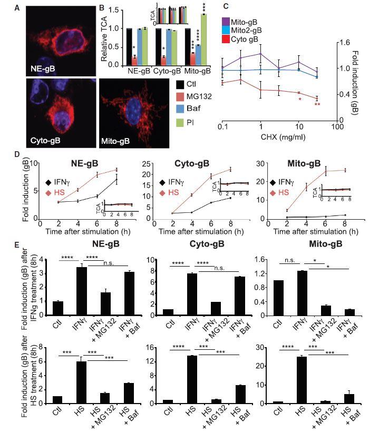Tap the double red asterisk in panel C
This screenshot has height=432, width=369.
[x=317, y=104]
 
